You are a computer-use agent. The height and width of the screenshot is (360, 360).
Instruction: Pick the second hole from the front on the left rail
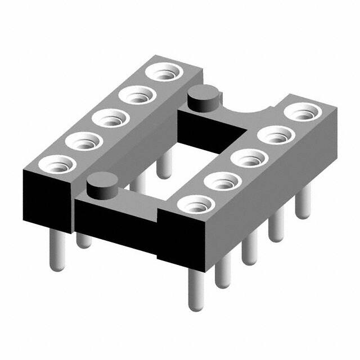80,140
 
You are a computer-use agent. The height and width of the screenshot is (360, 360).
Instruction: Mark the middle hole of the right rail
247,158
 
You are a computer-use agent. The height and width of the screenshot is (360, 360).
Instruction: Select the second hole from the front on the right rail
221,182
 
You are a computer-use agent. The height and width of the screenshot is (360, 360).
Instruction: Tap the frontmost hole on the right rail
194,205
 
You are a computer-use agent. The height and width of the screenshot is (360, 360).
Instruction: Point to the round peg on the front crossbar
102,186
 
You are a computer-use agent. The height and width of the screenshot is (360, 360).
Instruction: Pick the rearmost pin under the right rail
304,202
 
